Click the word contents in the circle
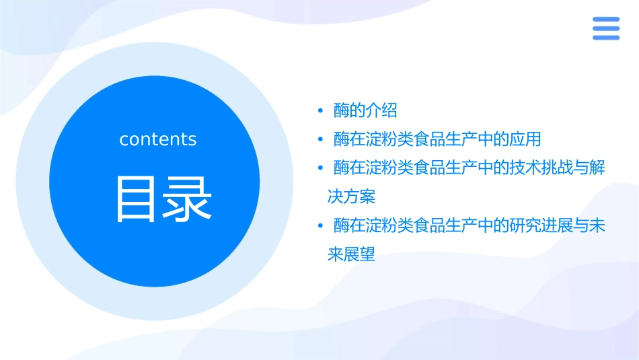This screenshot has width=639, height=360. pos(158,139)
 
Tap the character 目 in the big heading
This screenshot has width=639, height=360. pos(137,199)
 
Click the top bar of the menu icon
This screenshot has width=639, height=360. pos(605,19)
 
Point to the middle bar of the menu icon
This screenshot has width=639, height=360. pos(605,28)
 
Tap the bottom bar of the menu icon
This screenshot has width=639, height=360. pos(605,37)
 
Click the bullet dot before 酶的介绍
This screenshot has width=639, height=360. pos(321,110)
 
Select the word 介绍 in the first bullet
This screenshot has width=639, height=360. pos(381,110)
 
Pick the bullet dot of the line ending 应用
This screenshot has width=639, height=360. pos(321,139)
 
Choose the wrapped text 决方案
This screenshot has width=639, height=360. pos(351,196)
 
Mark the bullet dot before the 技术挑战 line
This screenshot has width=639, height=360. pos(321,168)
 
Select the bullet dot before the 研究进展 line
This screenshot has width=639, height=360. pos(321,225)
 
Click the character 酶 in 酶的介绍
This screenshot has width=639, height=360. pos(342,110)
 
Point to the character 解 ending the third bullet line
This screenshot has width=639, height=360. pos(597,168)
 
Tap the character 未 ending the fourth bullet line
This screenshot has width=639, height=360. pos(597,225)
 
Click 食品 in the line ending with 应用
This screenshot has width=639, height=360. pos(430,139)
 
